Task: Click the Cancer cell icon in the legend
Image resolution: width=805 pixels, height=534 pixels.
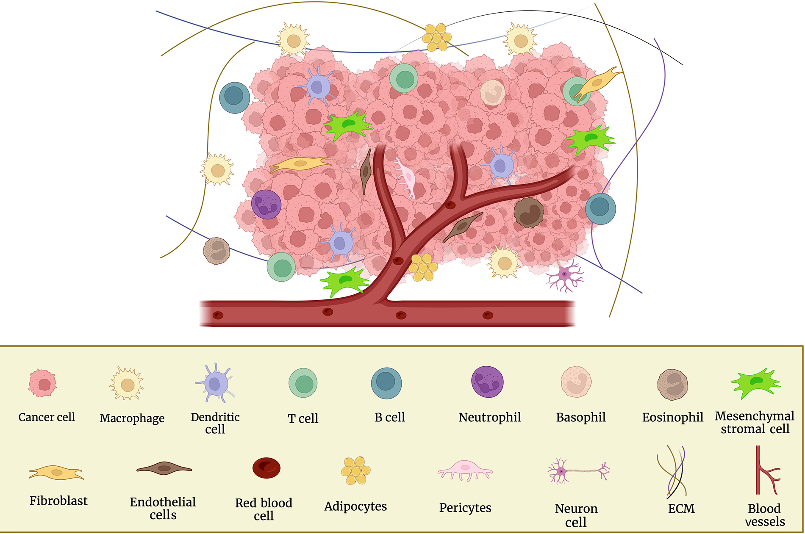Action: (x=42, y=383)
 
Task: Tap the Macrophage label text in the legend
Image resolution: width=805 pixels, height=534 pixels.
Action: (x=132, y=418)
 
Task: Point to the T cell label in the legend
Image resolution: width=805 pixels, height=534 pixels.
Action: (x=303, y=418)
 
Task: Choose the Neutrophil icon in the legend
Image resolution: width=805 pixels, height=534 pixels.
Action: (x=488, y=382)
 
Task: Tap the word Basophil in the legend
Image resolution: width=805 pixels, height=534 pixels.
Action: (x=580, y=418)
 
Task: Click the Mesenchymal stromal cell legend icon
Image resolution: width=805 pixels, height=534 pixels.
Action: (x=755, y=383)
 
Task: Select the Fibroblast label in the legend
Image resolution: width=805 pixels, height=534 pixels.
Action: (x=58, y=501)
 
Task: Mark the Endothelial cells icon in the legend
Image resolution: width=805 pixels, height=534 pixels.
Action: (x=164, y=468)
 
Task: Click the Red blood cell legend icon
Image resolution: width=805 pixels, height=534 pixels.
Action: (x=266, y=468)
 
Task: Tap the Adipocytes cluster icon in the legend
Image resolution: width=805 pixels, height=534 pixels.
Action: (x=355, y=470)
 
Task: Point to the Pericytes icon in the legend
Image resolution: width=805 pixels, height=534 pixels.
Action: (x=465, y=471)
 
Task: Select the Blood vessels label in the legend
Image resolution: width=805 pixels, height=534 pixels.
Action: (x=764, y=515)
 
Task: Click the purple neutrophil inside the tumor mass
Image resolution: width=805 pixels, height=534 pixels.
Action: (x=266, y=204)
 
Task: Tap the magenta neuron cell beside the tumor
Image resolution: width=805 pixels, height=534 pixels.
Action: (x=564, y=275)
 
